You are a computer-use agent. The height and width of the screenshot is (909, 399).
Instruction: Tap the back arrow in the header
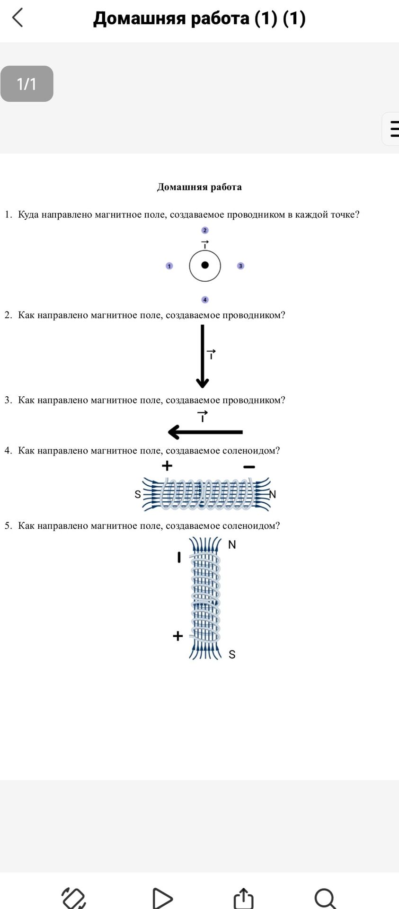pyautogui.click(x=17, y=18)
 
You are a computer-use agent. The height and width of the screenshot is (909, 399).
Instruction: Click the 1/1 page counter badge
pyautogui.click(x=27, y=84)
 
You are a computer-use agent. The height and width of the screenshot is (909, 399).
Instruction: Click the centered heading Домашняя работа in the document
pyautogui.click(x=199, y=187)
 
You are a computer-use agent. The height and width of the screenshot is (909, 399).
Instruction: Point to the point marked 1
pyautogui.click(x=169, y=266)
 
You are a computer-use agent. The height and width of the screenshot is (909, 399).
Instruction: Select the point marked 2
pyautogui.click(x=205, y=231)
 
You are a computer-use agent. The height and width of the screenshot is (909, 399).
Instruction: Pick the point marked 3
pyautogui.click(x=240, y=266)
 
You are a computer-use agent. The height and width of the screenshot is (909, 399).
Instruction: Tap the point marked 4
pyautogui.click(x=205, y=300)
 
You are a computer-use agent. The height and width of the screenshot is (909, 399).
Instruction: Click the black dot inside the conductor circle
pyautogui.click(x=205, y=265)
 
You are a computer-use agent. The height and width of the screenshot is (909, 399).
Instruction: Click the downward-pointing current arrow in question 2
pyautogui.click(x=203, y=356)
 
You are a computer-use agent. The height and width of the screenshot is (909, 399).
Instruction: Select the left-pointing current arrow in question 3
pyautogui.click(x=205, y=432)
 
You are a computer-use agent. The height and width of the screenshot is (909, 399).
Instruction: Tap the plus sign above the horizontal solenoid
pyautogui.click(x=167, y=466)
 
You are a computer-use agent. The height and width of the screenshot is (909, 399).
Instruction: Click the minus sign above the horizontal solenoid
pyautogui.click(x=249, y=467)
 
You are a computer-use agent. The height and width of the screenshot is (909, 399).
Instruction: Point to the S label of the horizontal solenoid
pyautogui.click(x=138, y=494)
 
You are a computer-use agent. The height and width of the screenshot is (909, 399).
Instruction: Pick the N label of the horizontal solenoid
pyautogui.click(x=272, y=494)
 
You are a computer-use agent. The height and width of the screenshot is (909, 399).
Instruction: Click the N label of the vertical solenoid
pyautogui.click(x=232, y=544)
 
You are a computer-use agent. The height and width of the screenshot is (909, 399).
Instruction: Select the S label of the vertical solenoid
pyautogui.click(x=232, y=654)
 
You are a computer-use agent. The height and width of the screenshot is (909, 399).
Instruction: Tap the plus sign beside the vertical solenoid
pyautogui.click(x=177, y=636)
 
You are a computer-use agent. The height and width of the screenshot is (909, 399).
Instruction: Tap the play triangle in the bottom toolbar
pyautogui.click(x=162, y=898)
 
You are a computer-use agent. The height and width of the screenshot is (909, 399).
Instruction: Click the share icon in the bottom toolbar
pyautogui.click(x=244, y=898)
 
